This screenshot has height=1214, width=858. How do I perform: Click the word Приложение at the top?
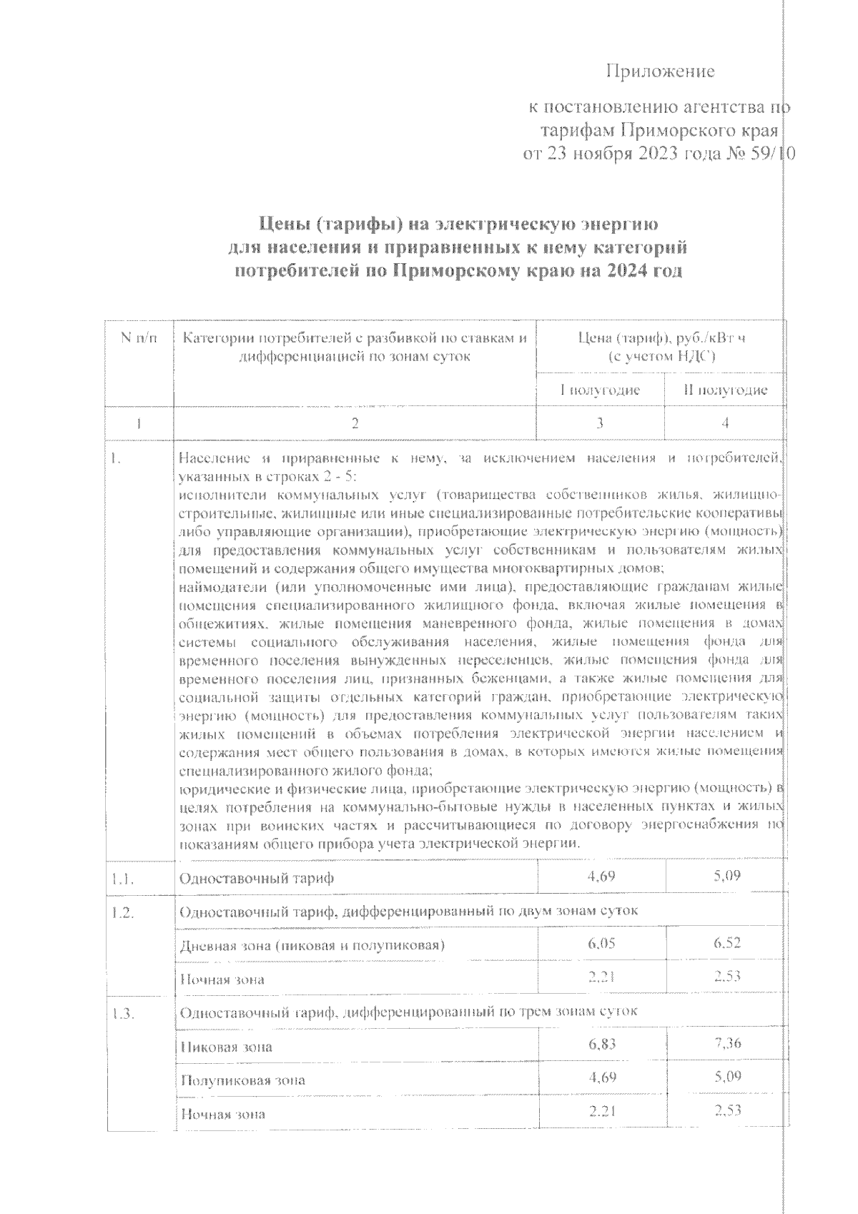click(x=661, y=71)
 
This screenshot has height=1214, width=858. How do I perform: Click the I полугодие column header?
click(x=600, y=390)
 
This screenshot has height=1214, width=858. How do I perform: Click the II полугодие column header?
click(x=725, y=390)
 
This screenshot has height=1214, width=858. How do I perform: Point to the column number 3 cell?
click(x=600, y=423)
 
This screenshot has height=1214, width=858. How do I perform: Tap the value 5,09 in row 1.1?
click(x=726, y=875)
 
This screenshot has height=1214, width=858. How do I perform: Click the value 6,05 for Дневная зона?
click(x=601, y=944)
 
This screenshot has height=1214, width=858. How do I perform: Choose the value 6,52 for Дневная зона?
click(x=726, y=944)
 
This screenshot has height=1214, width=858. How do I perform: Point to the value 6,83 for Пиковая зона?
click(x=601, y=1045)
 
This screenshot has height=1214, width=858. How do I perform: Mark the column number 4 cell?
click(x=725, y=423)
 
